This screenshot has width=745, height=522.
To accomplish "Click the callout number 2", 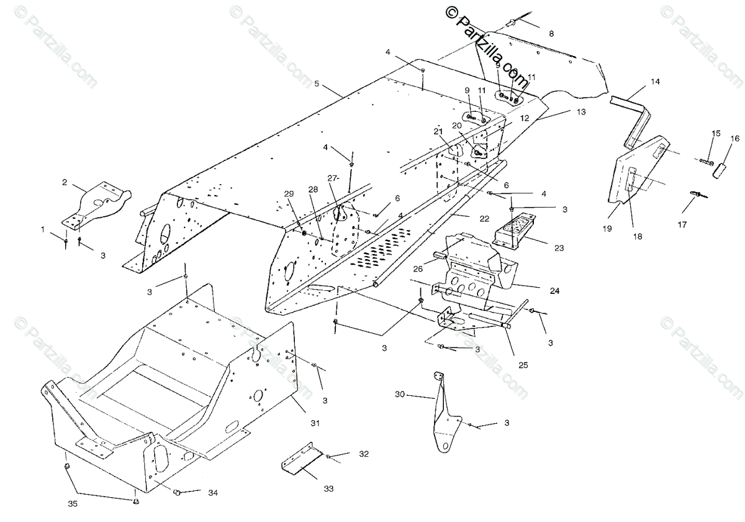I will pos(64,183).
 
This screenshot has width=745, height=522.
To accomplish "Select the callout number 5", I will pos(317,83).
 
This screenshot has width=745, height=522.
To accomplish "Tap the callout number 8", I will pos(551,33).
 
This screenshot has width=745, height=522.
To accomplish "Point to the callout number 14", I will pos(655,81).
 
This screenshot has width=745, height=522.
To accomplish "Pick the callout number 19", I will pos(607,229).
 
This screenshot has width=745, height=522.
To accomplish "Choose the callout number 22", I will pos(484,219).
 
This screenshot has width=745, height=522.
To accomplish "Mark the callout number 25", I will pos(523,365).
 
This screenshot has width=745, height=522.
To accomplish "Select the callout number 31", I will pos(315,423).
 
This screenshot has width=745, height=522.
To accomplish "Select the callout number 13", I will pos(580,112).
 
